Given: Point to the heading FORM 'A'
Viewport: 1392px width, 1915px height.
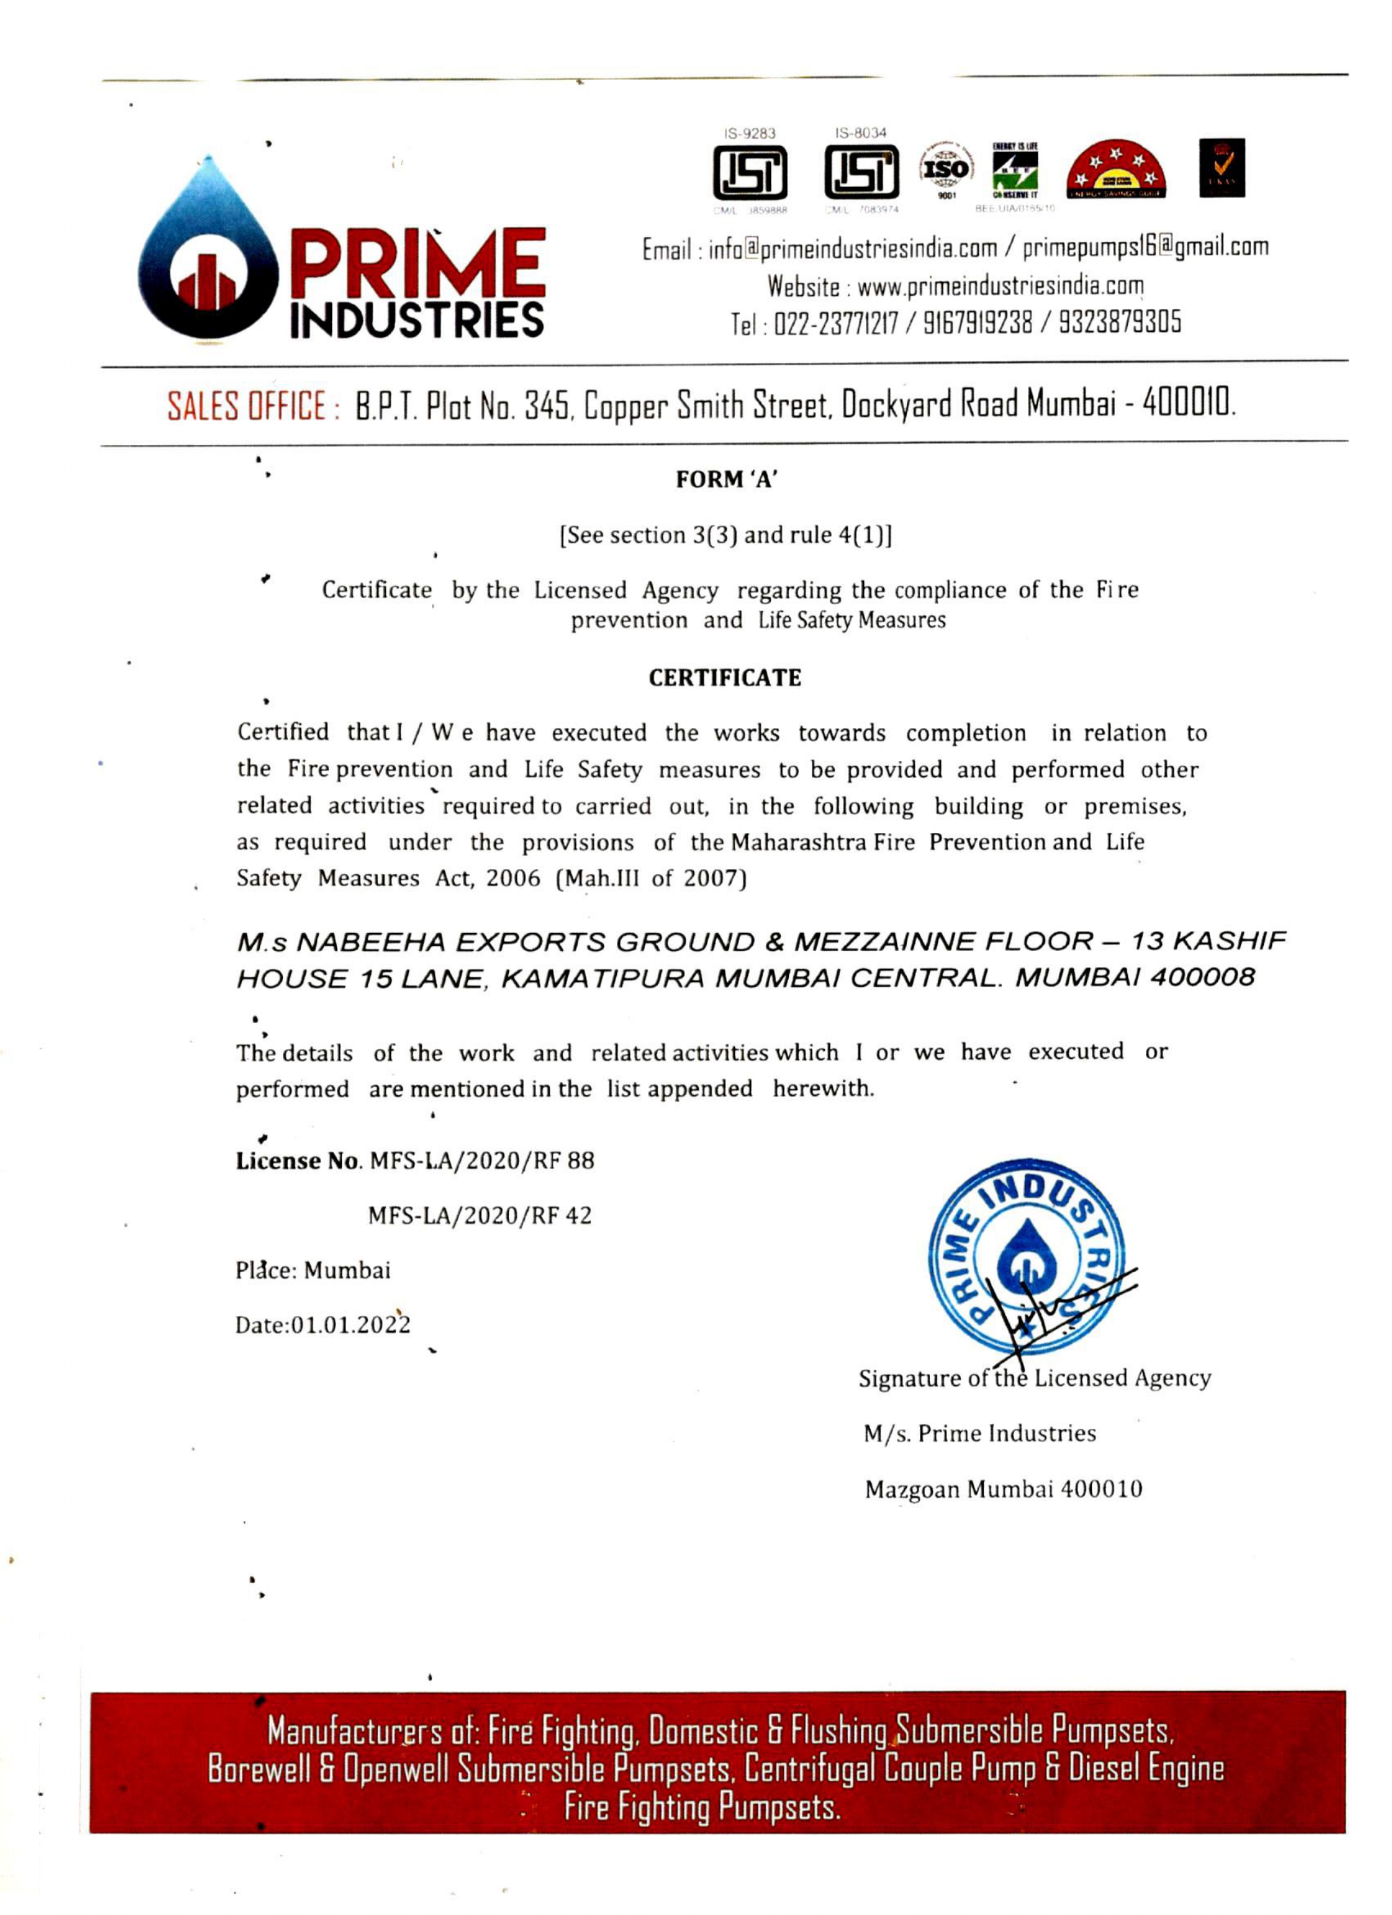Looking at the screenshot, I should (x=725, y=480).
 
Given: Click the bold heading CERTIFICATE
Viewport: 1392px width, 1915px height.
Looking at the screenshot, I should (x=725, y=678).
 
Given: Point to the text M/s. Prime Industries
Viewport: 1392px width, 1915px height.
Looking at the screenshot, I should (x=979, y=1434).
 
